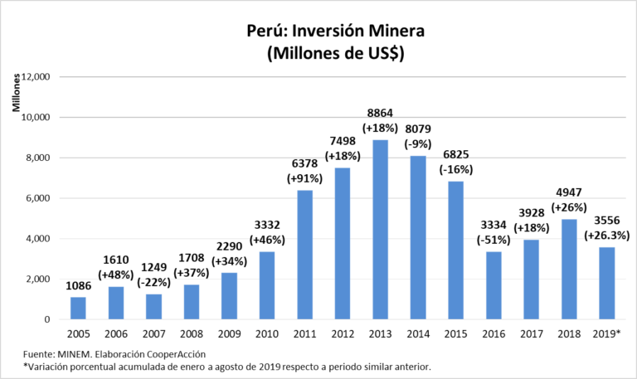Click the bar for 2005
coord(78,308)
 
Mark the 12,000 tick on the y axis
coord(36,77)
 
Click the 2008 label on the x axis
coord(191,334)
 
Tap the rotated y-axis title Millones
coord(15,93)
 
